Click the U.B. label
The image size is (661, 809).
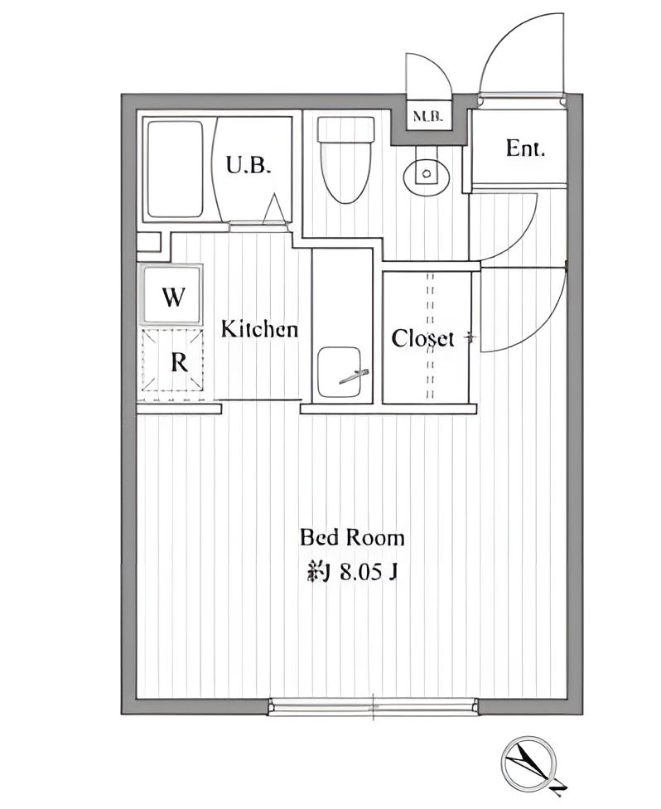[x=248, y=166]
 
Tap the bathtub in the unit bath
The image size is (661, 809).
[x=175, y=169]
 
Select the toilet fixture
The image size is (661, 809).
[x=345, y=160]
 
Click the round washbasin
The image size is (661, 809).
[x=426, y=173]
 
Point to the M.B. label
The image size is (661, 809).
[x=428, y=117]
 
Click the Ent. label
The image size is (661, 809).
[x=525, y=148]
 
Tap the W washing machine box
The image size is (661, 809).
[x=171, y=295]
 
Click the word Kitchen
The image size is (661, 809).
[x=259, y=328]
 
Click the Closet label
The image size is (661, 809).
[x=422, y=339]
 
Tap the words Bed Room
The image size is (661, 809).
[x=352, y=538]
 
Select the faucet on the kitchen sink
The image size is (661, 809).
[x=354, y=376]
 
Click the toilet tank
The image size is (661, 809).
[x=345, y=129]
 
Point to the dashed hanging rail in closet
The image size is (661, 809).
[x=430, y=336]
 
